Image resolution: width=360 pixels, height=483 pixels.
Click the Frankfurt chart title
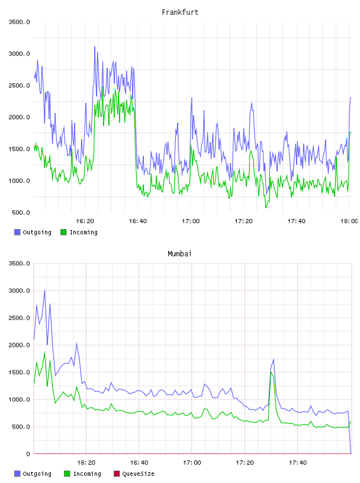click(180, 12)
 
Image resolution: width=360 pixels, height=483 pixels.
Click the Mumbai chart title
click(179, 254)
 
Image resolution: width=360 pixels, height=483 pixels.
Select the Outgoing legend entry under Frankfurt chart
click(33, 232)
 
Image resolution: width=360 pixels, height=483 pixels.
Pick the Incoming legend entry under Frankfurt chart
click(79, 232)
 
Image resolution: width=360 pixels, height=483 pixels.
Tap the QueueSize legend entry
click(134, 474)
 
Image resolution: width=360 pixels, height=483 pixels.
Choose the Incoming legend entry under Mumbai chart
click(83, 474)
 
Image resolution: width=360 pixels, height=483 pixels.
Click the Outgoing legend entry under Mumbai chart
click(33, 474)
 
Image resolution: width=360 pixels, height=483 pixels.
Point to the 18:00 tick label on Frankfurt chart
click(349, 221)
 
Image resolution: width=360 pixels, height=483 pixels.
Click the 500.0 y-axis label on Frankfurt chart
click(21, 212)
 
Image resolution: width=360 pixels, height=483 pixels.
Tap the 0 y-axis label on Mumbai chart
click(28, 454)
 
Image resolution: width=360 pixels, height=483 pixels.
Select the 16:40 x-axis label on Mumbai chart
click(139, 462)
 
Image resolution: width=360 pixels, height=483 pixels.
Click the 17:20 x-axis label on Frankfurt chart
click(243, 221)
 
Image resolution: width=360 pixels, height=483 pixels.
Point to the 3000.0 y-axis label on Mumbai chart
click(20, 291)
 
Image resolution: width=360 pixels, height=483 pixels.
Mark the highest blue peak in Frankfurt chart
click(95, 47)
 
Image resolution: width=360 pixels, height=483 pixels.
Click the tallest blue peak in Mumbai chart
click(44, 291)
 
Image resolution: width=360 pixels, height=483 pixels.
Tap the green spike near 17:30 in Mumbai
click(271, 372)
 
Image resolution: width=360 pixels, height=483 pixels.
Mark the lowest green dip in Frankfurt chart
click(266, 208)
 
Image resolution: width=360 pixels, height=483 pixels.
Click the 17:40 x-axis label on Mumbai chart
click(298, 462)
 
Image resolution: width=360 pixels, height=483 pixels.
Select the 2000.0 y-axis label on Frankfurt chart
click(20, 117)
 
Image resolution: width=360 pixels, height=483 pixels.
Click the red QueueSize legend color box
click(117, 474)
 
